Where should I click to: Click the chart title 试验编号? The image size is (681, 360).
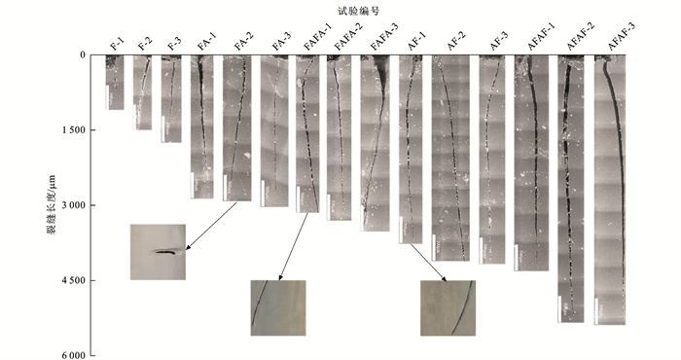click(x=358, y=12)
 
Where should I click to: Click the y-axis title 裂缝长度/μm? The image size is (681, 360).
click(x=52, y=204)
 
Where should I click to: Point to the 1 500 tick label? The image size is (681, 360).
click(x=73, y=130)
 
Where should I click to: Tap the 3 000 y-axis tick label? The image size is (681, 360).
click(x=73, y=205)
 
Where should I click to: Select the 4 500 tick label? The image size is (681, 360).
click(x=73, y=280)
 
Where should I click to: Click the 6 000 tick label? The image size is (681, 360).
click(x=73, y=356)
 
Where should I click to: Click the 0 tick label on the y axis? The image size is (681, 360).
click(x=82, y=55)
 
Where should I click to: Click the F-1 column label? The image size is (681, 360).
click(x=117, y=44)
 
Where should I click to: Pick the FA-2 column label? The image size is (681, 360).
click(x=244, y=42)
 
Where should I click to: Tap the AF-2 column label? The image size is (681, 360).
click(x=456, y=41)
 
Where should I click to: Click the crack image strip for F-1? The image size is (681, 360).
click(x=115, y=83)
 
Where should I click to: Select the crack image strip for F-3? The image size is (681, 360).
click(x=171, y=99)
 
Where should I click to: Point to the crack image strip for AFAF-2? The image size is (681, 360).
click(x=571, y=189)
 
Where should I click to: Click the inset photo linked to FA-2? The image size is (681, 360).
click(x=158, y=252)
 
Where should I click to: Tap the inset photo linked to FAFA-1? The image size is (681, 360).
click(x=278, y=307)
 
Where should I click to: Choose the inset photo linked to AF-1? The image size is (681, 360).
click(x=448, y=307)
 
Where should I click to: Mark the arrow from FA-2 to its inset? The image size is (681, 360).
click(x=211, y=227)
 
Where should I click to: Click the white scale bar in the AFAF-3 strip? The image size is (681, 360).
click(x=596, y=311)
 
